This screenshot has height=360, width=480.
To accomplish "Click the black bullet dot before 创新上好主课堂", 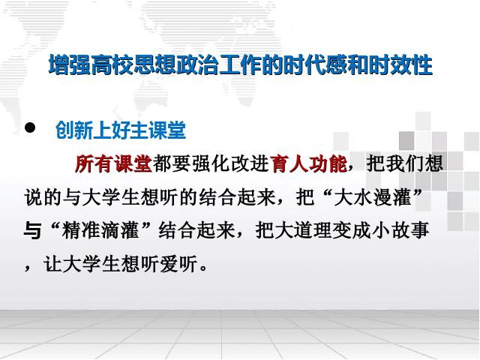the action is click(30, 127).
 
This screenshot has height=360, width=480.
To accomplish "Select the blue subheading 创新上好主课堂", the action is click(121, 130).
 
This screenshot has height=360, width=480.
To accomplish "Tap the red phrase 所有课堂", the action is click(113, 163).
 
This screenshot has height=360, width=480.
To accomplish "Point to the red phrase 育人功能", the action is click(308, 163).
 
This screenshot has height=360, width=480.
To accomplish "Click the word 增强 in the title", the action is click(70, 65).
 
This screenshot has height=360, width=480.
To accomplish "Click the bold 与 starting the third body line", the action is click(32, 230).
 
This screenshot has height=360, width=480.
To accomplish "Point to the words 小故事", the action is click(400, 230).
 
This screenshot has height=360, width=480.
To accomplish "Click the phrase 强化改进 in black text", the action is click(230, 163).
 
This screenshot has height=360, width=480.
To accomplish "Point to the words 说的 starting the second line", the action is click(43, 197).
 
